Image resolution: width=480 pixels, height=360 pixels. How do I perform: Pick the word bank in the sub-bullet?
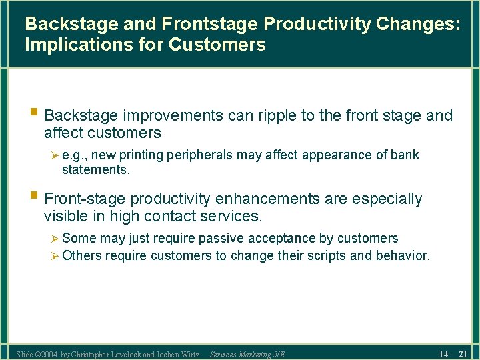pos(405,155)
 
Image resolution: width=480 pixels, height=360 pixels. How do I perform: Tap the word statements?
pos(95,169)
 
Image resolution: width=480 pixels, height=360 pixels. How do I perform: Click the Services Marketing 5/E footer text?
pos(247,354)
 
